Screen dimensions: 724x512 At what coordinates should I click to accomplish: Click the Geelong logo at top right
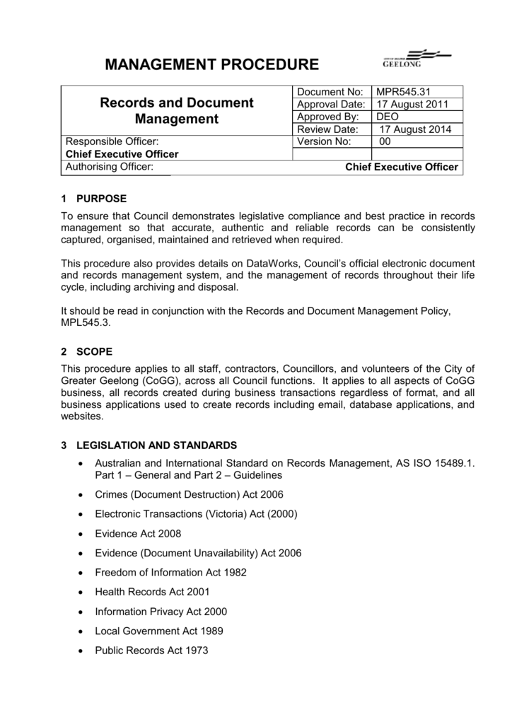pyautogui.click(x=412, y=59)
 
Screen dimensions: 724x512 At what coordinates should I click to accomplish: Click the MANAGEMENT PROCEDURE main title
pyautogui.click(x=211, y=65)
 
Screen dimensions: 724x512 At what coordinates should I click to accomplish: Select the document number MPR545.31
pyautogui.click(x=403, y=91)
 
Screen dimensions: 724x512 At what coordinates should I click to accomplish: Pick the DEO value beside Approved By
pyautogui.click(x=388, y=117)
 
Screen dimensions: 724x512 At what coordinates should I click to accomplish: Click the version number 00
pyautogui.click(x=385, y=141)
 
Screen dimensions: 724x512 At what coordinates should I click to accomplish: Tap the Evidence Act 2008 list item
pyautogui.click(x=138, y=534)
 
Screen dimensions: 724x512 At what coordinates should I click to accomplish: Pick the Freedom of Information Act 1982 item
pyautogui.click(x=170, y=573)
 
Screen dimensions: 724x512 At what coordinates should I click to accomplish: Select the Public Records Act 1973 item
pyautogui.click(x=151, y=650)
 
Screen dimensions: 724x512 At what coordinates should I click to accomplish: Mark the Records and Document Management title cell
pyautogui.click(x=177, y=110)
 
